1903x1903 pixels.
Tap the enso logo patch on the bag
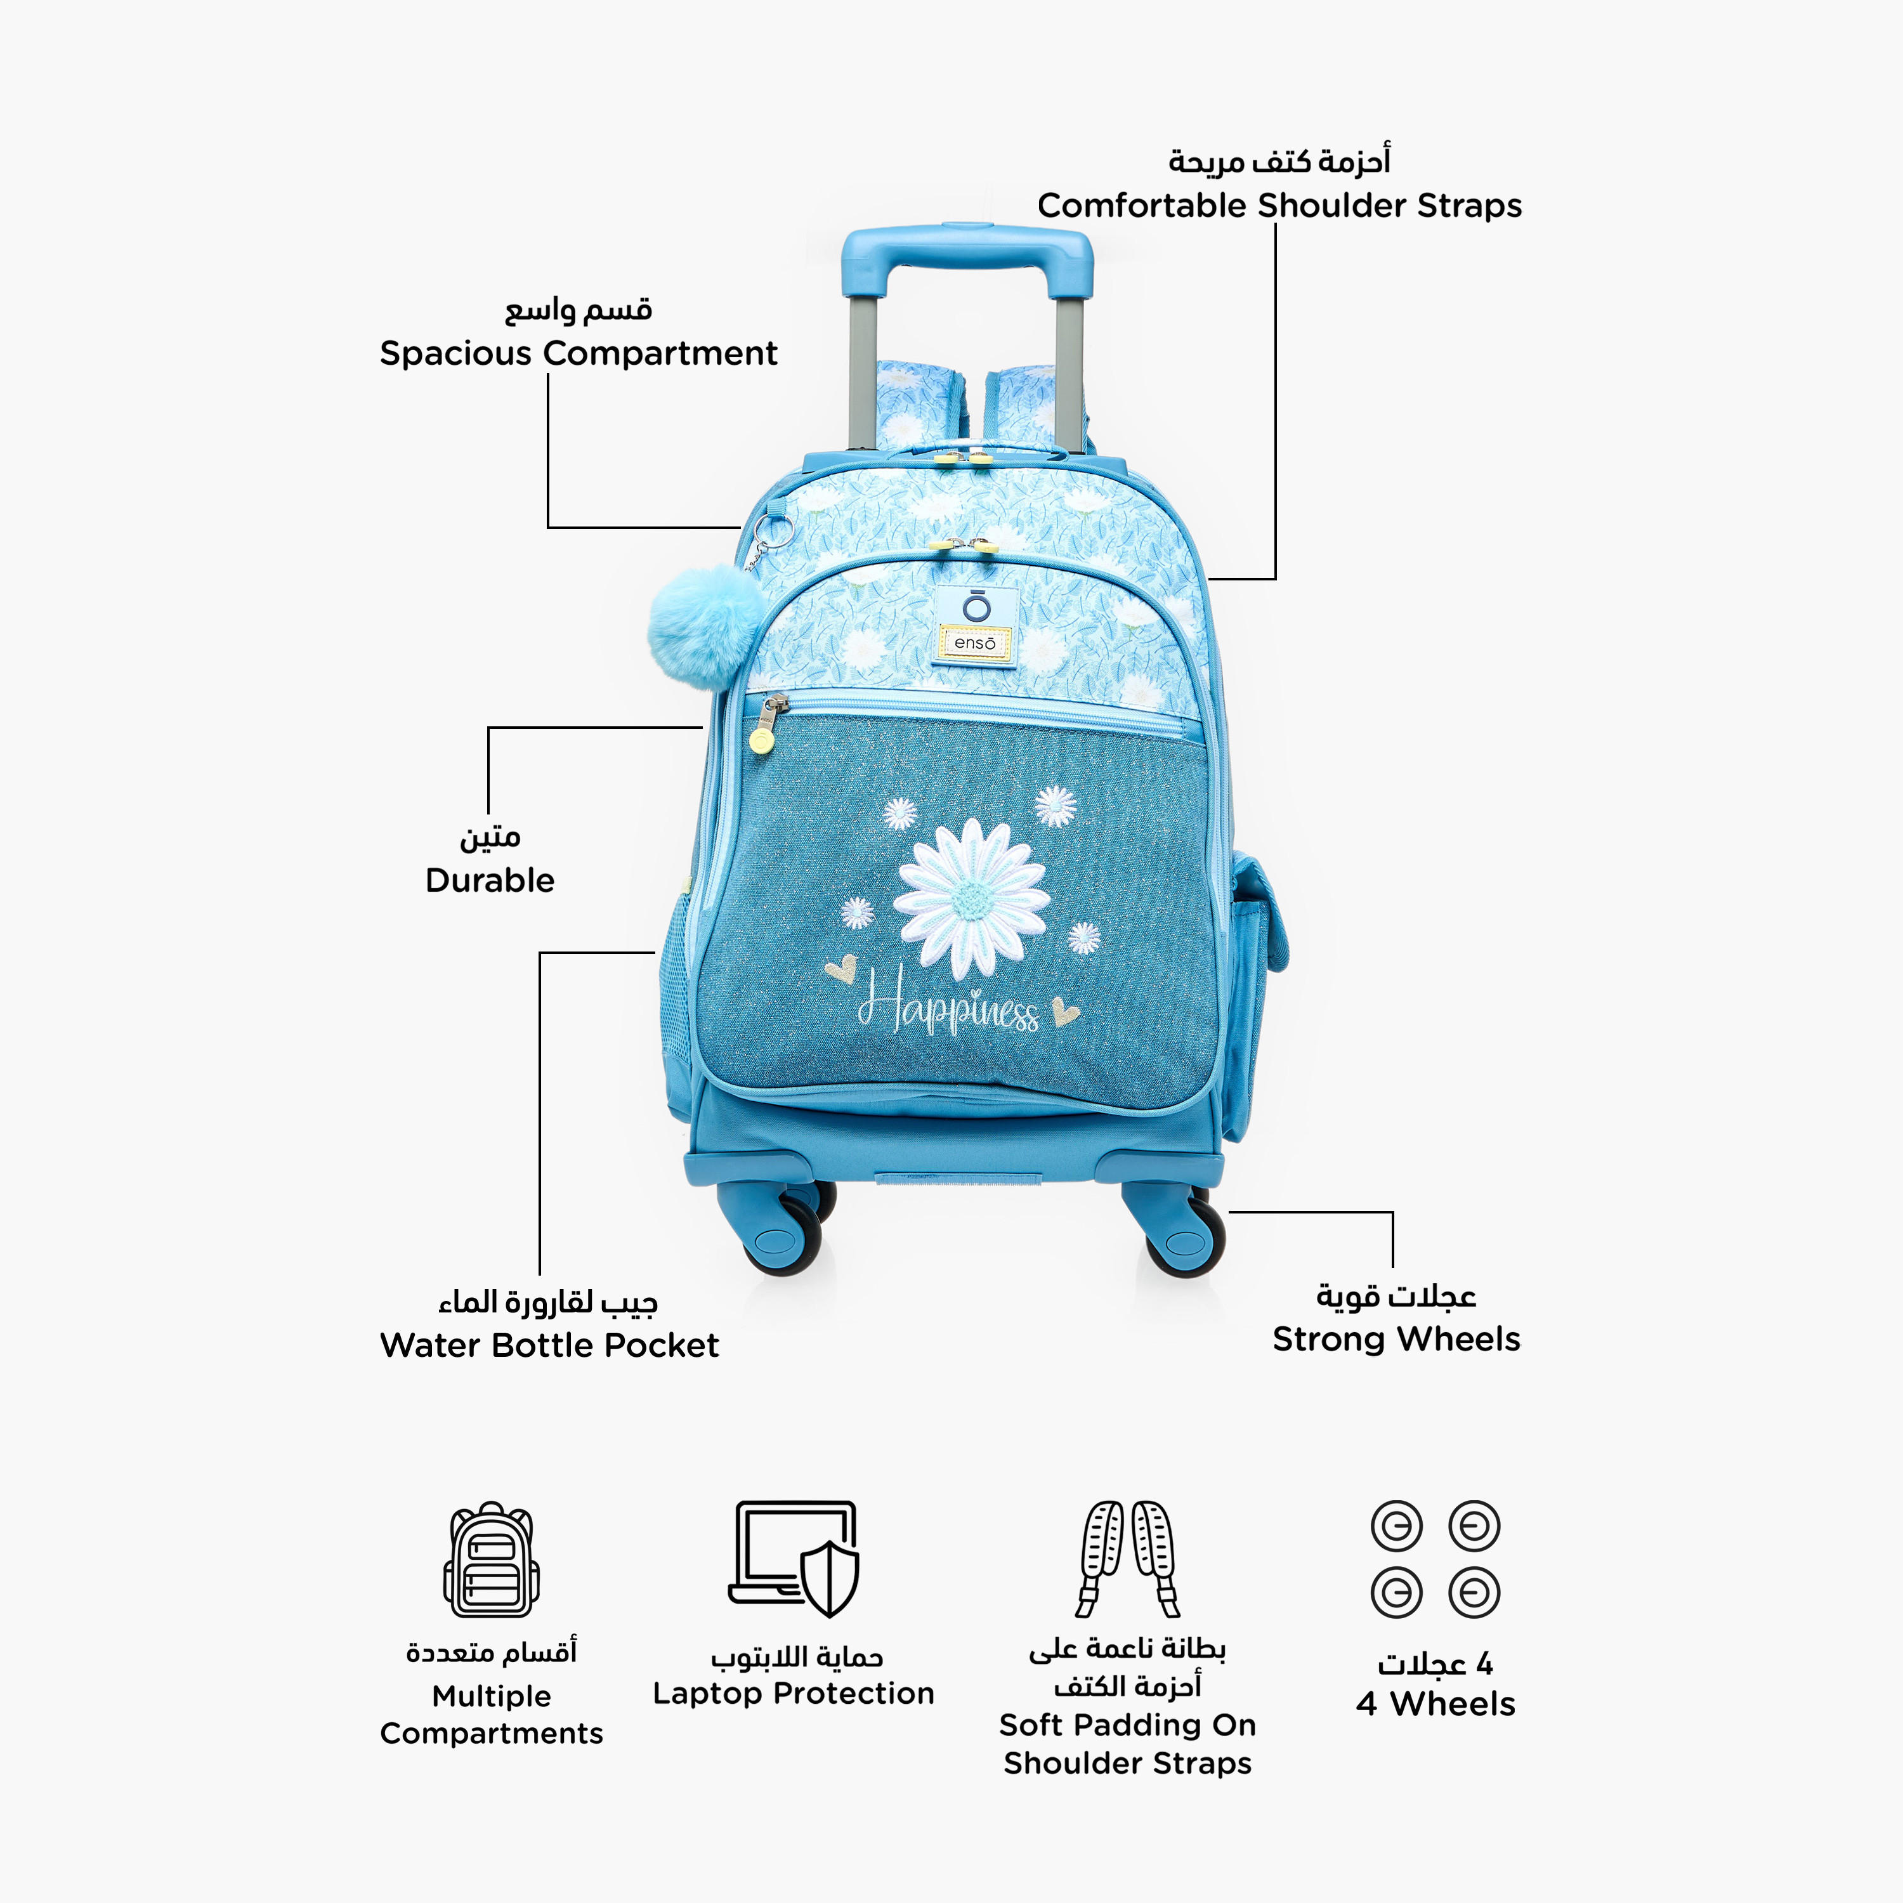(x=974, y=627)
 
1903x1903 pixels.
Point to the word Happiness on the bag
(x=948, y=1002)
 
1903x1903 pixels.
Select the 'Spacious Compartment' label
(x=578, y=353)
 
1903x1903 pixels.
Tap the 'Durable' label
(x=490, y=880)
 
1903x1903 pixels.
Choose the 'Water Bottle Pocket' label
(x=549, y=1345)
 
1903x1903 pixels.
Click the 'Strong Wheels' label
(x=1396, y=1338)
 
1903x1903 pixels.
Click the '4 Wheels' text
(x=1435, y=1703)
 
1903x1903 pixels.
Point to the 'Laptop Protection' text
(x=793, y=1692)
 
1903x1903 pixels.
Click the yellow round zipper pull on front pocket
(x=761, y=742)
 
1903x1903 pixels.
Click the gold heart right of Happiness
(x=1065, y=1010)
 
